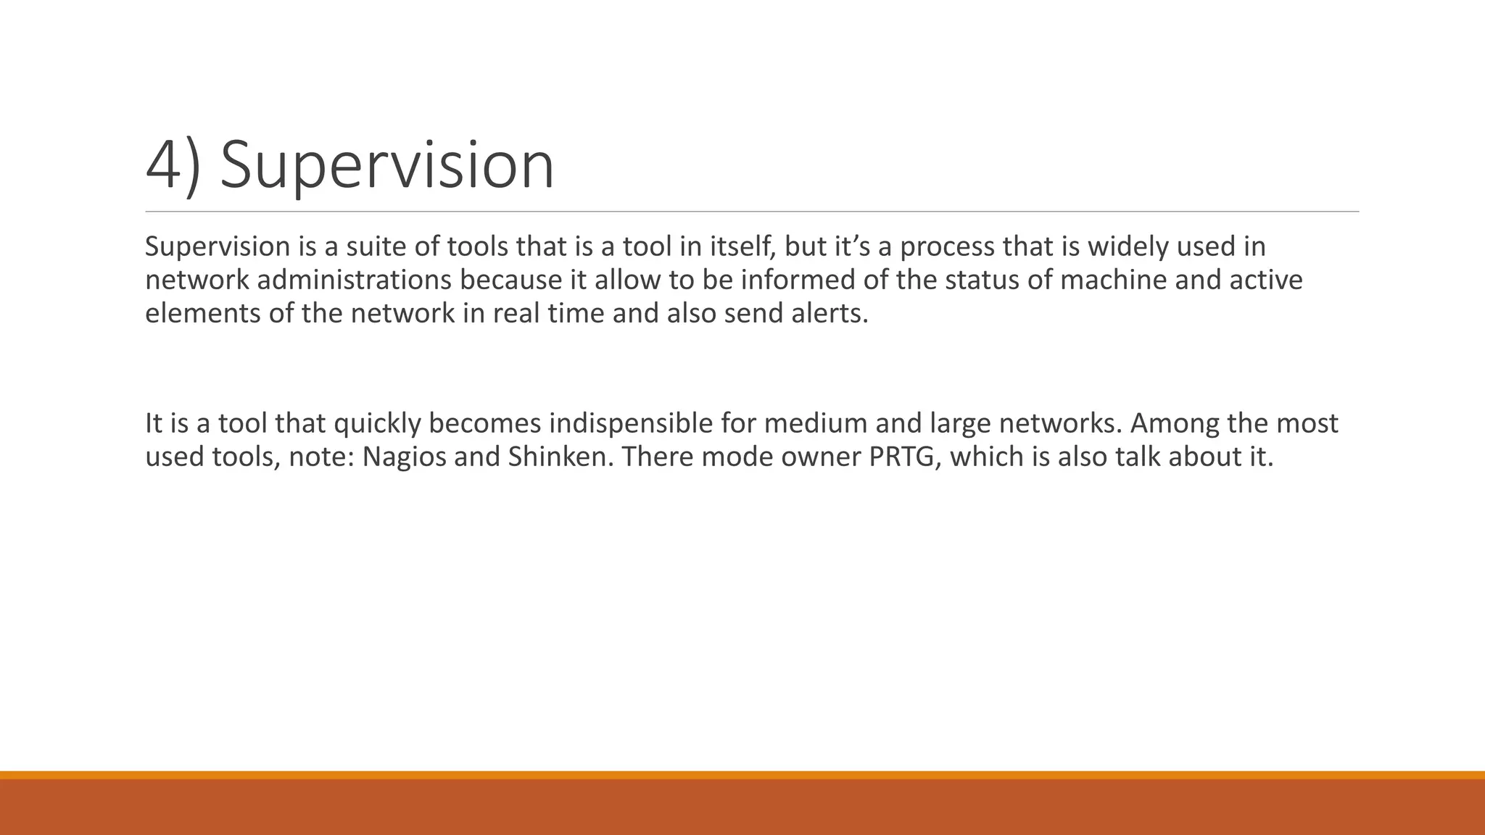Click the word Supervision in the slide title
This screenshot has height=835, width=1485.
[x=386, y=166]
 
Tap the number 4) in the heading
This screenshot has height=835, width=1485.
[x=173, y=166]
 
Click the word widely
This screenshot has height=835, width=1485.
[x=1128, y=246]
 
